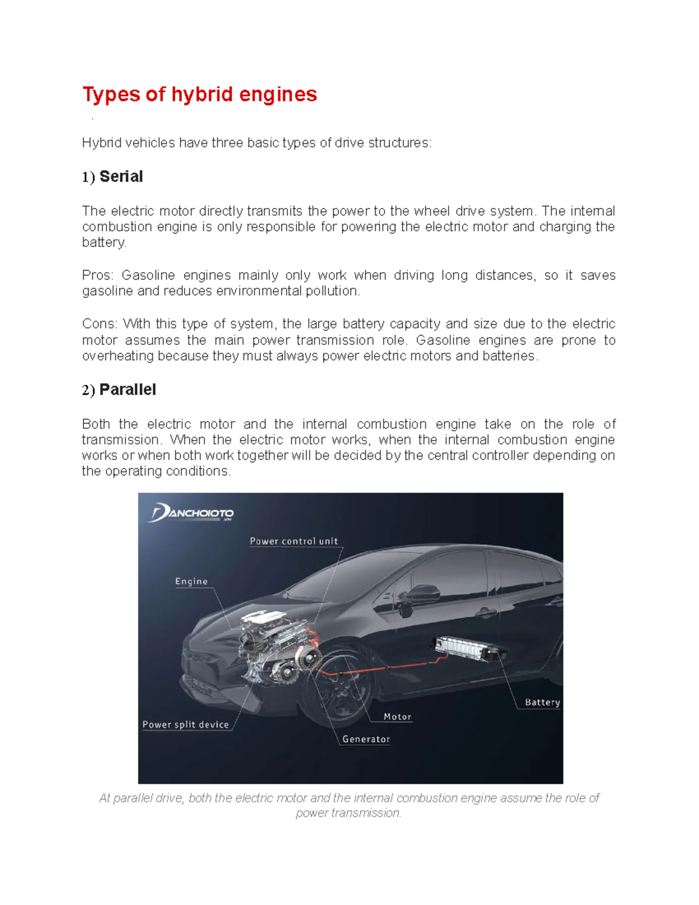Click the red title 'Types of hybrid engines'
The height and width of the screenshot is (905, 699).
point(199,94)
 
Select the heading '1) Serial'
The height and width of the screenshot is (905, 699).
point(112,177)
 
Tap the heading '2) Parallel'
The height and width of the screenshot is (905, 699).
point(119,390)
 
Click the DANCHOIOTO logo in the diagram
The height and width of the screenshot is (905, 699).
point(192,513)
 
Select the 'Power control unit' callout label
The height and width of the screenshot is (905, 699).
point(294,541)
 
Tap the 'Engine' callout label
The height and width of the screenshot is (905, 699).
point(191,582)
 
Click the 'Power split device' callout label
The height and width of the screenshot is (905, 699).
point(185,725)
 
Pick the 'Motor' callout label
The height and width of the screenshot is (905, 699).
point(397,717)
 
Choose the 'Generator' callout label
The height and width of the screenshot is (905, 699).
point(366,740)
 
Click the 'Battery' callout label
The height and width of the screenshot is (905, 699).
point(542,703)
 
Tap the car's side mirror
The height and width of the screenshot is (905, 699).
point(417,592)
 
